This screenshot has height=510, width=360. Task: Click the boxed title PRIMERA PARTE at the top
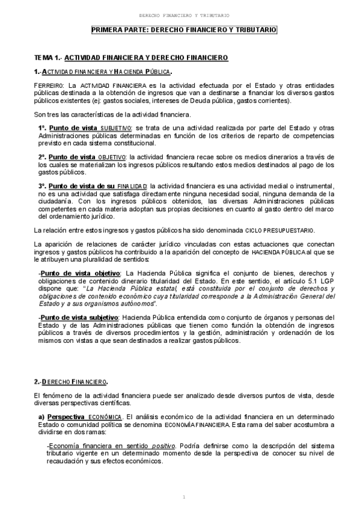point(184,29)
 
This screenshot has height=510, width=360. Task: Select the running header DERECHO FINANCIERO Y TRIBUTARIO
point(184,14)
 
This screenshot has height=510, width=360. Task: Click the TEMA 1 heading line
point(130,58)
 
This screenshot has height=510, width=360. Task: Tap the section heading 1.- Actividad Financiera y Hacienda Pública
point(103,72)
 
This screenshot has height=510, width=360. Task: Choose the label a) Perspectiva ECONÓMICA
point(80,416)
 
